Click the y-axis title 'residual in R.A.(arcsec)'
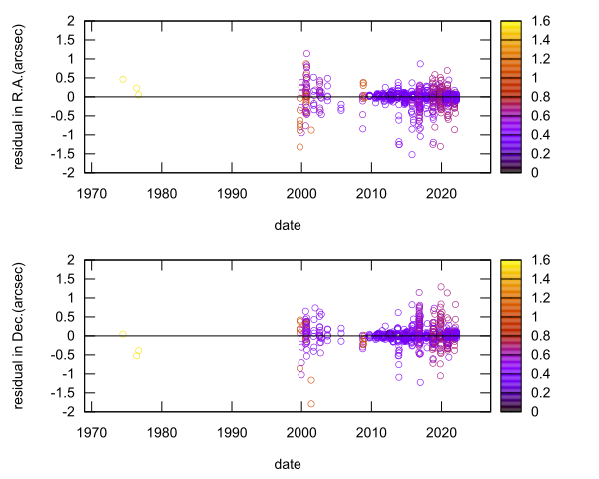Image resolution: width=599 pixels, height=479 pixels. pos(20,96)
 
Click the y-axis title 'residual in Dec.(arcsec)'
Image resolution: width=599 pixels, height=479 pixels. pos(20,335)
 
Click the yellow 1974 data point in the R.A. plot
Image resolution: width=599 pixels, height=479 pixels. pos(123,79)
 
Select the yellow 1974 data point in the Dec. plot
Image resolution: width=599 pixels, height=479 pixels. pos(123,333)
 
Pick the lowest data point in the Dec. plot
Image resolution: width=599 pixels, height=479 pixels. pos(311,403)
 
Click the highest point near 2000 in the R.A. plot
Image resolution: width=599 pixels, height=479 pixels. pos(307,54)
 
